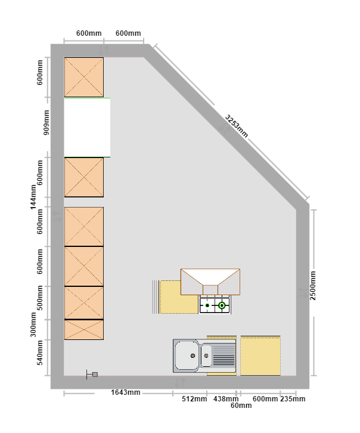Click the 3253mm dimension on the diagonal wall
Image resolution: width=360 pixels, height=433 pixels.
(x=237, y=126)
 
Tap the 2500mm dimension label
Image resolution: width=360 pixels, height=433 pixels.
(x=313, y=285)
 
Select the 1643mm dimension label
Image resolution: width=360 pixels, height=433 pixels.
(x=126, y=392)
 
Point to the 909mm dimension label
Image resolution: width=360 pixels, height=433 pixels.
(x=46, y=122)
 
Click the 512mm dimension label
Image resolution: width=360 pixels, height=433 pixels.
(x=194, y=399)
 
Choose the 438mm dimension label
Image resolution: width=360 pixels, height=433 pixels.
(x=226, y=399)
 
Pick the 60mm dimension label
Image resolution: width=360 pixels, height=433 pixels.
(x=241, y=406)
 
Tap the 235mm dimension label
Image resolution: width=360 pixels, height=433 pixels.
(x=293, y=399)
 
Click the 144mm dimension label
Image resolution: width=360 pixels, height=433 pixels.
(x=33, y=197)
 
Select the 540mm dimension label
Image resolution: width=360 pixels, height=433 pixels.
(x=40, y=352)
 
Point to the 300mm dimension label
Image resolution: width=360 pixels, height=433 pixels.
(x=33, y=324)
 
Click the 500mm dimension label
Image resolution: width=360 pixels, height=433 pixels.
(x=40, y=298)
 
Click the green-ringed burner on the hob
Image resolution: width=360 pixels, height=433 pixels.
(x=222, y=305)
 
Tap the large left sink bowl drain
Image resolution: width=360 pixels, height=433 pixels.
(x=193, y=355)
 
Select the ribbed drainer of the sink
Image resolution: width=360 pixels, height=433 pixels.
(x=224, y=355)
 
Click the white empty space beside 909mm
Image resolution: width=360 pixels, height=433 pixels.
(x=87, y=128)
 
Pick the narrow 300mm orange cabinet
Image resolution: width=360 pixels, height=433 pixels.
(x=84, y=330)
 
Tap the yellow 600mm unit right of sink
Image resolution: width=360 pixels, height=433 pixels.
(x=260, y=355)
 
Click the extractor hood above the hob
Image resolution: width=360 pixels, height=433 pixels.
(x=210, y=282)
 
